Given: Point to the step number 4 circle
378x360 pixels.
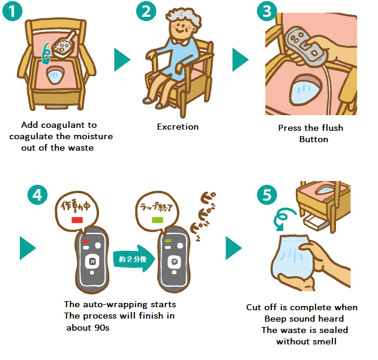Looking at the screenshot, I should pyautogui.click(x=37, y=195).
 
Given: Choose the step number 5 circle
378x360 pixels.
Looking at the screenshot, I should pyautogui.click(x=267, y=195).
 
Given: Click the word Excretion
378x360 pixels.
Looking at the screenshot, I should pyautogui.click(x=178, y=127).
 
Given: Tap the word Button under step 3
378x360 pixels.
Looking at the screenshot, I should pyautogui.click(x=313, y=139).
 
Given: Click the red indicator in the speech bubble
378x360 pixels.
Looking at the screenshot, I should pyautogui.click(x=76, y=220).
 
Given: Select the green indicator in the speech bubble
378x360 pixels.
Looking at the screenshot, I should pyautogui.click(x=157, y=220).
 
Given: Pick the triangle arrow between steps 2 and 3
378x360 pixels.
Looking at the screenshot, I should pyautogui.click(x=240, y=60).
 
